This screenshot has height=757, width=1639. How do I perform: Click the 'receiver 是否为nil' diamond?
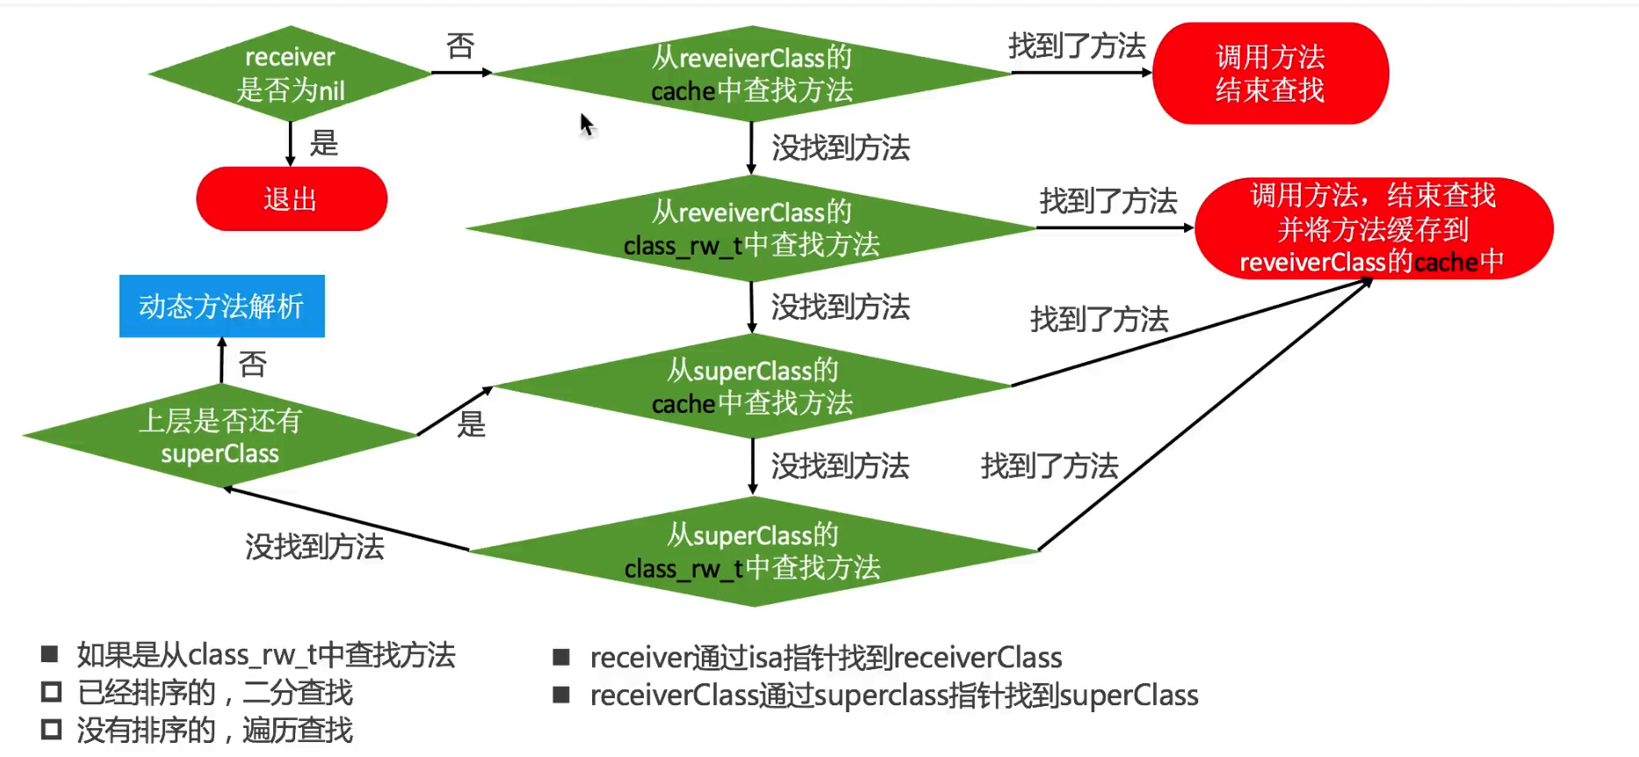[x=290, y=74]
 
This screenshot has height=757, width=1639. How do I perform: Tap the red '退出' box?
[x=291, y=199]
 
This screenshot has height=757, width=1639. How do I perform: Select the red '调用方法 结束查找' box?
[x=1270, y=74]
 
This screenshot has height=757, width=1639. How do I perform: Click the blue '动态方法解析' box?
[x=222, y=306]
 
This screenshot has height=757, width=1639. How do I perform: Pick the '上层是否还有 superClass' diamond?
[x=220, y=436]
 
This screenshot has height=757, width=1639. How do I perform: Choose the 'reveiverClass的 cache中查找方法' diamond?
[x=752, y=74]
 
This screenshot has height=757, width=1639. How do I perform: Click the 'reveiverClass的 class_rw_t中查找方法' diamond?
[x=752, y=228]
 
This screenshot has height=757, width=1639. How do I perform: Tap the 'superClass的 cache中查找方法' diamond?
[x=753, y=386]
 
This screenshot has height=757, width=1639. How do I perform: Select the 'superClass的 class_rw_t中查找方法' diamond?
[x=753, y=552]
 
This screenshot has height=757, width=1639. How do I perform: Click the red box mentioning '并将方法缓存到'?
[x=1373, y=229]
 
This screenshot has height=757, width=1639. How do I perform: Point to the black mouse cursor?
[x=587, y=125]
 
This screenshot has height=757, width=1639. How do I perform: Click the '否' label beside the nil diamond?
[x=460, y=46]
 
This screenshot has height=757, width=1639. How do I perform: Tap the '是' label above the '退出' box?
[x=324, y=143]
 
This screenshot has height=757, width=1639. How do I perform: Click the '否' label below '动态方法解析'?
[x=253, y=364]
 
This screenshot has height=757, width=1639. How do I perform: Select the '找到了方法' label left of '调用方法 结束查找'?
[x=1077, y=46]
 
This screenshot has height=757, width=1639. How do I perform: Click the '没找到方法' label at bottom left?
[x=314, y=547]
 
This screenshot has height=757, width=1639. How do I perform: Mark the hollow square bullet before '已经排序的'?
[x=51, y=692]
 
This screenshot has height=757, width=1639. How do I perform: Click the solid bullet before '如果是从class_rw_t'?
[x=50, y=654]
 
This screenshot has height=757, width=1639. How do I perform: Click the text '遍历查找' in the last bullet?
[x=298, y=730]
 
